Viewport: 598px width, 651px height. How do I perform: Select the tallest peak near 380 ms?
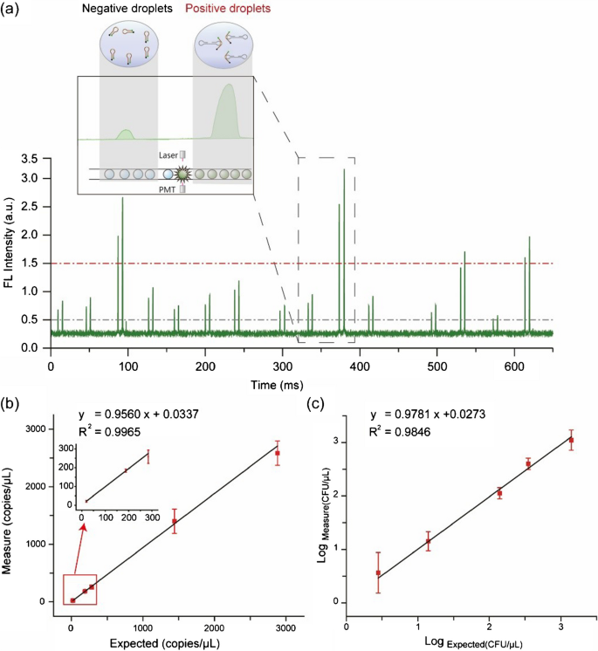[x=344, y=170]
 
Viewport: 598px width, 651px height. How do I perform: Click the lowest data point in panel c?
[x=378, y=572]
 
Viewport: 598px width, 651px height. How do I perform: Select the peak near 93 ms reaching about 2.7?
[x=122, y=199]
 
